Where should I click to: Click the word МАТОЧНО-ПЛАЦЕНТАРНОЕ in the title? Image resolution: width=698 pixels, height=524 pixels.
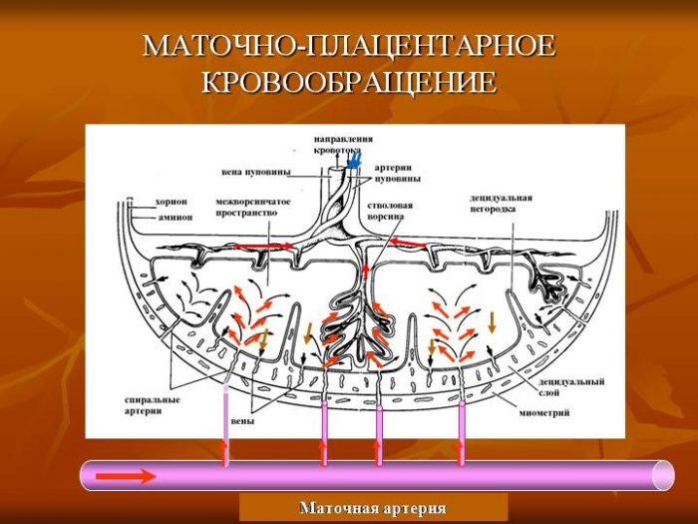[x=349, y=47]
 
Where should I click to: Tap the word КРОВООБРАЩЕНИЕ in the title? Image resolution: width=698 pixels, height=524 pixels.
[x=349, y=82]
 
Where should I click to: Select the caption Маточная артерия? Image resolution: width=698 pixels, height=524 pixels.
[x=373, y=508]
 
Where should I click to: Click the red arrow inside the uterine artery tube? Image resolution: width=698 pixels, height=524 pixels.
[x=126, y=476]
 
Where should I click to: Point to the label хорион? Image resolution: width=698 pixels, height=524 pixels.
[x=173, y=200]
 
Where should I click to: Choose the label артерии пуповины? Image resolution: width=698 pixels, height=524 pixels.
[x=397, y=174]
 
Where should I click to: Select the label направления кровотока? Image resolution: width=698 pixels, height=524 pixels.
[x=343, y=144]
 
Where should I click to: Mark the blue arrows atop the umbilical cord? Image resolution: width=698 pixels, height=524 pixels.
[x=353, y=160]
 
